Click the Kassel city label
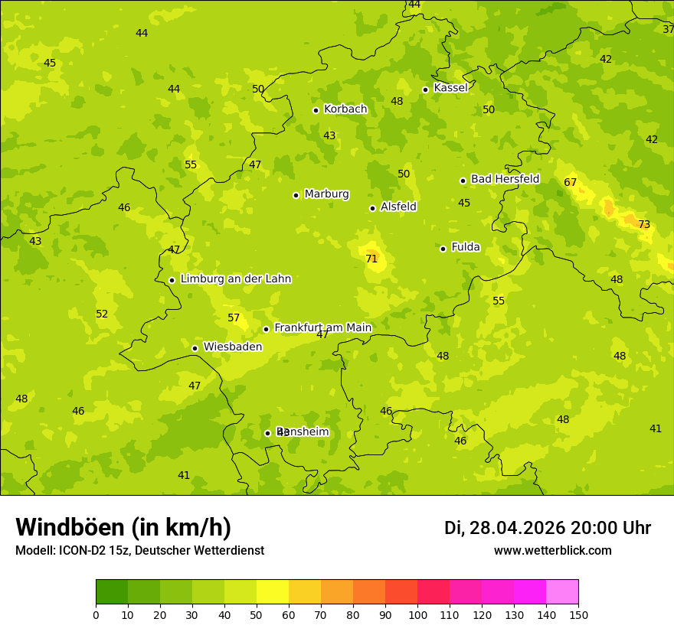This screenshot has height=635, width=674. tap(450, 88)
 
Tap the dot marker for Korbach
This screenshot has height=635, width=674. tap(316, 110)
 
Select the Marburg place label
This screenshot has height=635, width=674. tap(326, 194)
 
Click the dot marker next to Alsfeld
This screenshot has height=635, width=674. tap(372, 208)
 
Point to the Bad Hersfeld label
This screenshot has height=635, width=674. tap(505, 179)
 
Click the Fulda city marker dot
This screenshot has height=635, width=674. tap(443, 249)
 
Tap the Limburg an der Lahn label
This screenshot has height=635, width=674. tap(235, 279)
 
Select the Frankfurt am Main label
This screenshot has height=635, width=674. tap(322, 328)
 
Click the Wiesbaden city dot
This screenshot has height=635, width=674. tap(195, 348)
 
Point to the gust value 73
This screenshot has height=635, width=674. tap(644, 225)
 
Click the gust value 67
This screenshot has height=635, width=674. tap(570, 183)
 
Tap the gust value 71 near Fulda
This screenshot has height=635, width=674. tap(371, 259)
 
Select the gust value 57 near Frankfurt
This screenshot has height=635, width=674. tap(234, 318)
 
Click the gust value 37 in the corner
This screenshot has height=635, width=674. tap(668, 30)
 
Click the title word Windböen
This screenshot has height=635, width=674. tap(70, 527)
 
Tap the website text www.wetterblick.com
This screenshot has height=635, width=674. tap(552, 551)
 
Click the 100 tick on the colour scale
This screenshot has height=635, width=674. tap(417, 614)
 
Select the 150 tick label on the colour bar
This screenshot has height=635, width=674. tap(577, 614)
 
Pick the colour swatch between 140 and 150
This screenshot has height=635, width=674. tap(562, 592)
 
